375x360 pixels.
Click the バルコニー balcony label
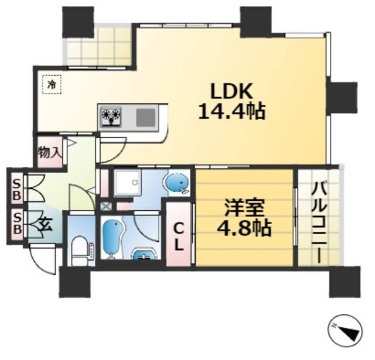(319, 223)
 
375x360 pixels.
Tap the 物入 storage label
(50, 153)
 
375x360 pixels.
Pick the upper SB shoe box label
(16, 188)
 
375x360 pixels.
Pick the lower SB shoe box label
(16, 223)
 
